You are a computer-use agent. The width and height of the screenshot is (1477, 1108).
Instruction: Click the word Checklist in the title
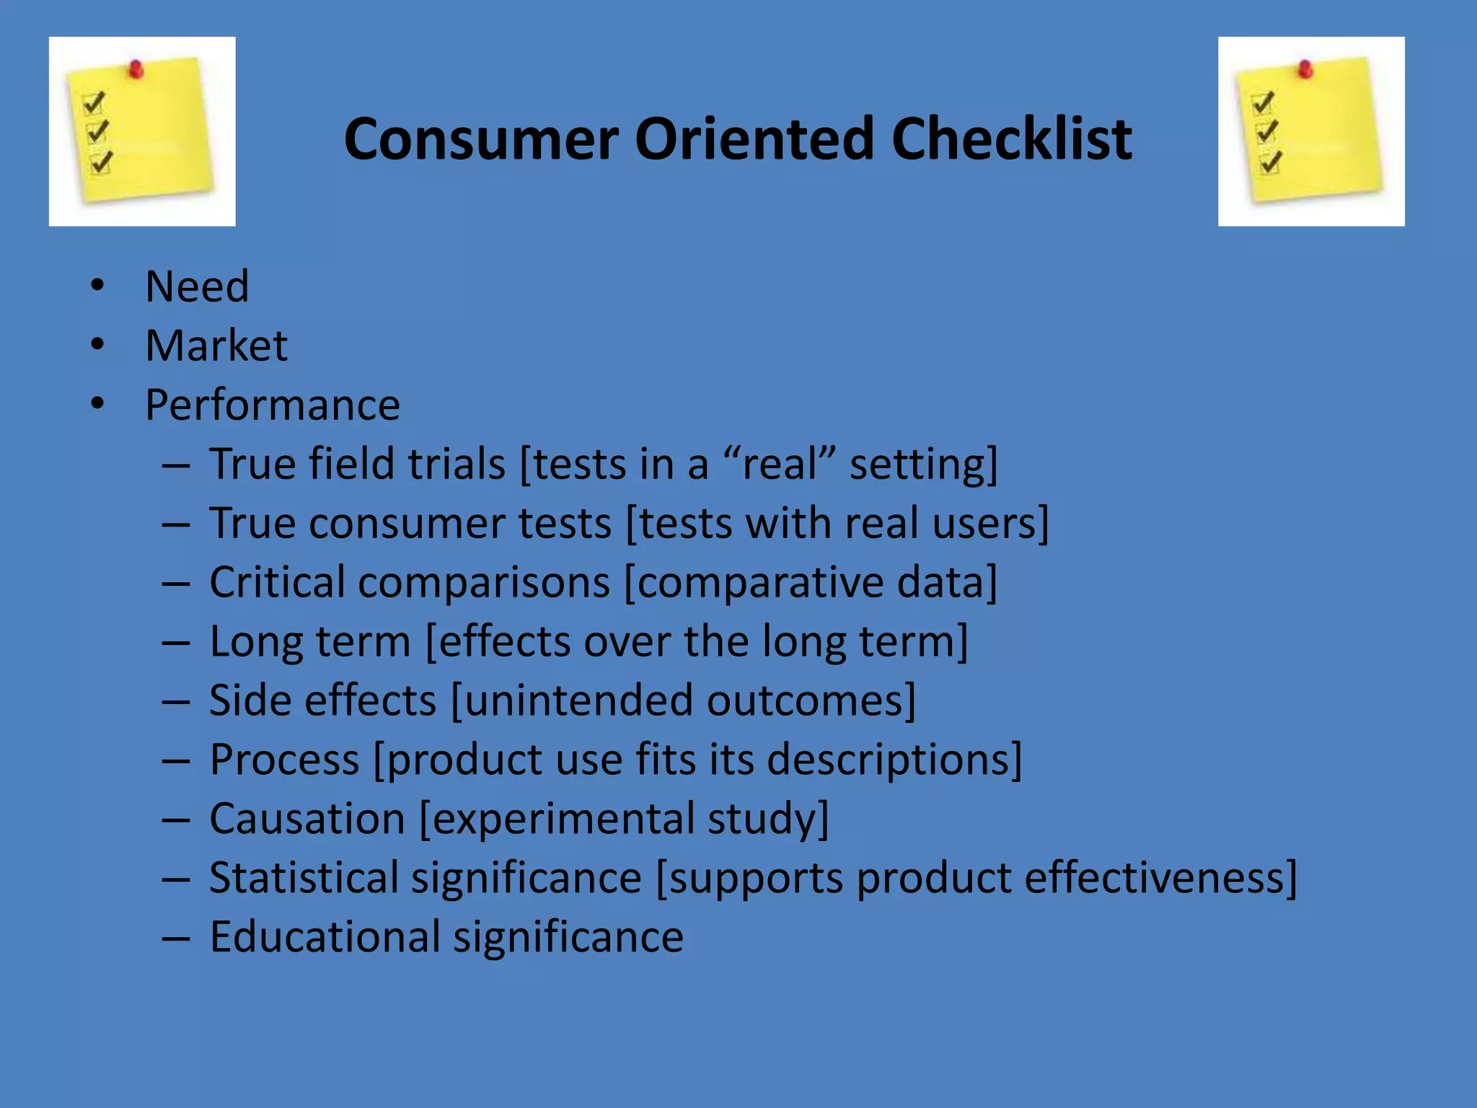pyautogui.click(x=1011, y=138)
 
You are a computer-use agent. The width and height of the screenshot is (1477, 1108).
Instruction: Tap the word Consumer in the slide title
pyautogui.click(x=481, y=138)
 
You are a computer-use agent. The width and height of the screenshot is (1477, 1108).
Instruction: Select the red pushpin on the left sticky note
pyautogui.click(x=136, y=69)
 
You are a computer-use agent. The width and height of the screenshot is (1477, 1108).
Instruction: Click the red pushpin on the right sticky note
pyautogui.click(x=1305, y=69)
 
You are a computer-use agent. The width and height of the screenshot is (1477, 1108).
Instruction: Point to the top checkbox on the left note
pyautogui.click(x=94, y=103)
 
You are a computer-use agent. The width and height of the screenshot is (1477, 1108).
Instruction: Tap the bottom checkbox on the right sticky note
pyautogui.click(x=1270, y=162)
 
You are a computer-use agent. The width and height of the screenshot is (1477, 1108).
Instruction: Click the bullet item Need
pyautogui.click(x=197, y=286)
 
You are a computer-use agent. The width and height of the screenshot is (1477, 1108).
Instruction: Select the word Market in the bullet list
pyautogui.click(x=216, y=346)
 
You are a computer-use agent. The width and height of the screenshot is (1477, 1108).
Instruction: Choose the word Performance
pyautogui.click(x=273, y=405)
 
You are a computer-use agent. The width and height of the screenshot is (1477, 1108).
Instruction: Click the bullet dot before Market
pyautogui.click(x=97, y=345)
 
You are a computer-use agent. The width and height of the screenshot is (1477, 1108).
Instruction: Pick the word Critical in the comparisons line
pyautogui.click(x=277, y=582)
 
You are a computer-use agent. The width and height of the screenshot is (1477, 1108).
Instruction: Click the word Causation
pyautogui.click(x=307, y=819)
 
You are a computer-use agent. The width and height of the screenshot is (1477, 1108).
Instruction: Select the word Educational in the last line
pyautogui.click(x=324, y=937)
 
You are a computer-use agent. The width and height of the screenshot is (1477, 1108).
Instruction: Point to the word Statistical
pyautogui.click(x=304, y=878)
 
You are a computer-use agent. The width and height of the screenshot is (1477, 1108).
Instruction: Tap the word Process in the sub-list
pyautogui.click(x=284, y=760)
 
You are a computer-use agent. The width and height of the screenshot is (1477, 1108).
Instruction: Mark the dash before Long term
pyautogui.click(x=176, y=642)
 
